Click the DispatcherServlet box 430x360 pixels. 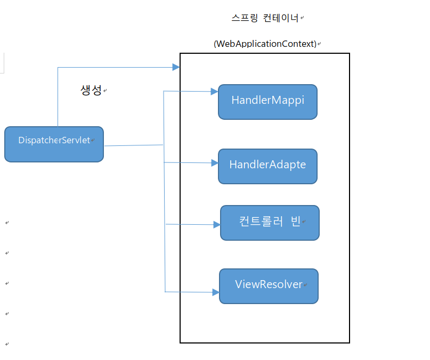coord(54,144)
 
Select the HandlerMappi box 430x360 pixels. coord(267,101)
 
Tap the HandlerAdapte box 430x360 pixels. coord(267,166)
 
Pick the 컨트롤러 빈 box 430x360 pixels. coord(270,222)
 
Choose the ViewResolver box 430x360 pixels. coord(269,285)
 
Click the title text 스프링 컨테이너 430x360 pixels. coord(265,18)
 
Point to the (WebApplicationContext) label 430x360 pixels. coord(265,44)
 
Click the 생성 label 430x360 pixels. coord(91,90)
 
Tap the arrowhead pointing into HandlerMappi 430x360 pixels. coord(215,92)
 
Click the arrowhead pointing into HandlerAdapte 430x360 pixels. coord(215,162)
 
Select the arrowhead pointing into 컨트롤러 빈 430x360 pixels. coord(216,225)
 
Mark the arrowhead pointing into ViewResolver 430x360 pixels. coord(216,292)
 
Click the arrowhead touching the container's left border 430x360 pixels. coord(176,67)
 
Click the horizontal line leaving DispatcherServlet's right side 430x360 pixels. coord(133,145)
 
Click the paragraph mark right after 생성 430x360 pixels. coord(105,91)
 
